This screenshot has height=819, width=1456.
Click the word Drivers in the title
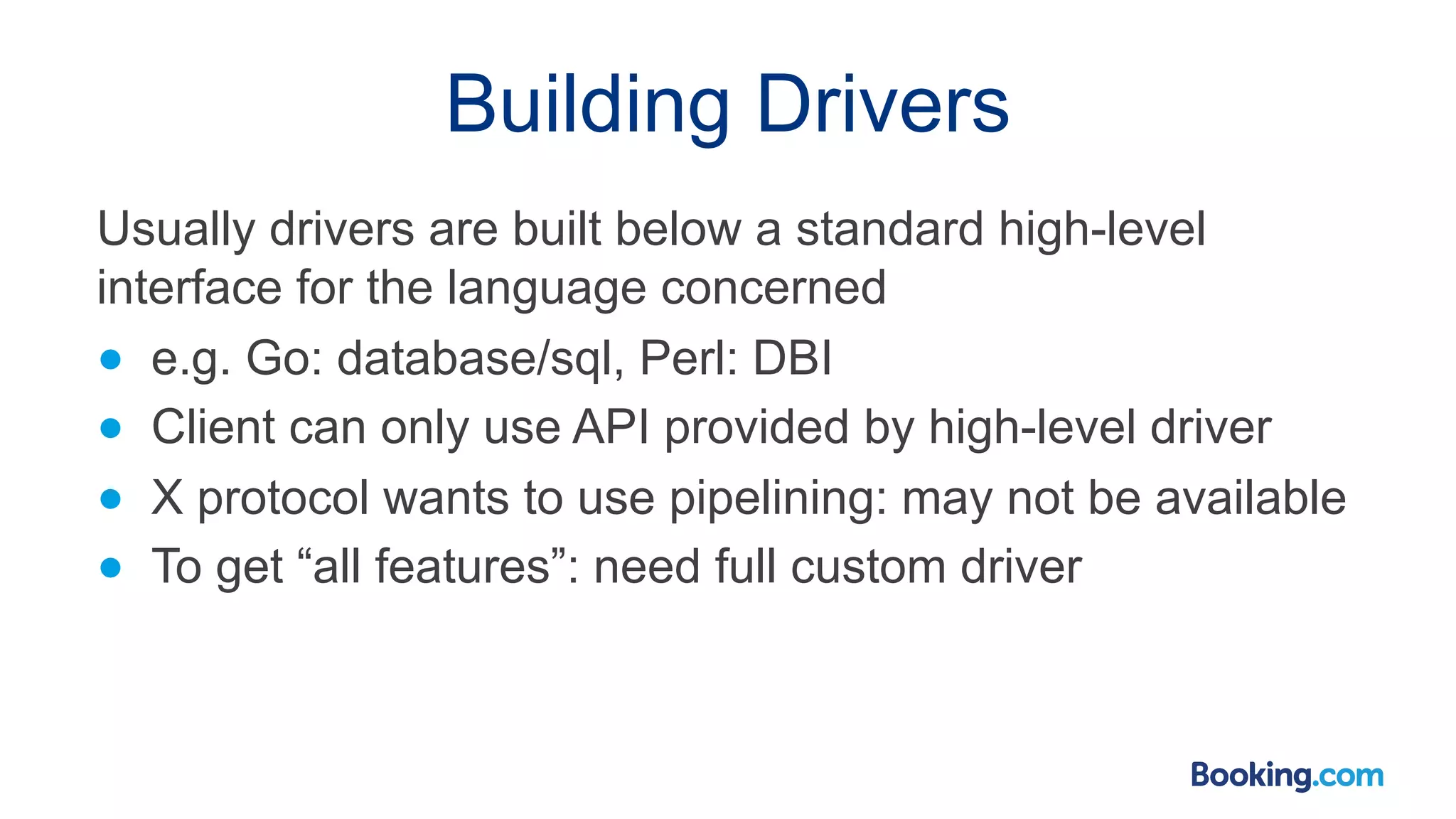coord(882,105)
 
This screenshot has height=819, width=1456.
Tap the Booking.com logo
coord(1287,775)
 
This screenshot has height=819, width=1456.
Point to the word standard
coord(889,229)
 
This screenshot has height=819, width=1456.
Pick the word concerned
coord(773,287)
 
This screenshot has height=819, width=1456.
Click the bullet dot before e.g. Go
coord(111,360)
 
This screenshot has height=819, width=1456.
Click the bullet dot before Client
coord(111,428)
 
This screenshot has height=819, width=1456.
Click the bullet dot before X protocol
coord(111,498)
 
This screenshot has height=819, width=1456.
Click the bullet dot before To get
coord(111,567)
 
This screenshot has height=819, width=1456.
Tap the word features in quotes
coord(463,567)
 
